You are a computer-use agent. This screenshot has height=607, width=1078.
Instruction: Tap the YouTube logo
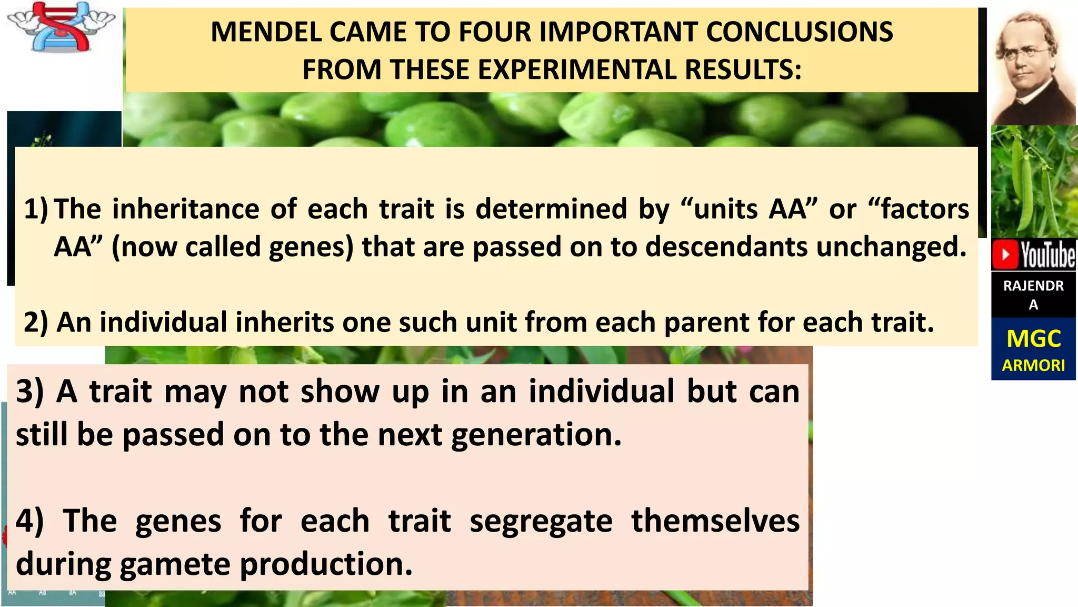(1033, 254)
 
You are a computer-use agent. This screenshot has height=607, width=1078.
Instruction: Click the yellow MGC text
(1033, 339)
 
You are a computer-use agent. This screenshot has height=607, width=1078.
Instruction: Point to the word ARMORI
(1033, 365)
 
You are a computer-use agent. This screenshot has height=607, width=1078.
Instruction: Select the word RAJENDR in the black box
(1033, 286)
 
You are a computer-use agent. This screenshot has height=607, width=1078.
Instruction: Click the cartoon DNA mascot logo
(61, 26)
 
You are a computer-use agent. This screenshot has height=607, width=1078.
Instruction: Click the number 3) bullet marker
(30, 392)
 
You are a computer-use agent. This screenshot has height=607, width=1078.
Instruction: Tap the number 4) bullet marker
(30, 521)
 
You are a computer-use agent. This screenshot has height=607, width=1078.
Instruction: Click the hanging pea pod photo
(1033, 182)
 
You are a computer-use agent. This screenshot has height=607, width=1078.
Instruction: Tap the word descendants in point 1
(726, 247)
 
